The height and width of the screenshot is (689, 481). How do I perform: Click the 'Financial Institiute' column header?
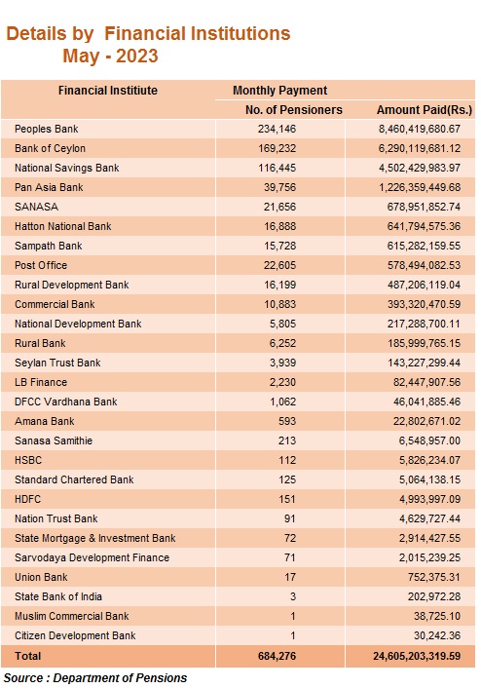pos(107,91)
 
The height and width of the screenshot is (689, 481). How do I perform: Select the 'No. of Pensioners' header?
pos(294,110)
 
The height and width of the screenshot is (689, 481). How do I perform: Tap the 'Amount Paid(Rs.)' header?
pos(424,110)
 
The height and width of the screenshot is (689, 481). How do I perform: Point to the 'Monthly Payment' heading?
pos(280,91)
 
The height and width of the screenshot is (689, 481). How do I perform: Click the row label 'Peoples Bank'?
pos(46,130)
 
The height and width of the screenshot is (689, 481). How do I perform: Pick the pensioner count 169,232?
pos(277,148)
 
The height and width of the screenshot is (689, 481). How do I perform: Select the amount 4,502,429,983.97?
pos(420,168)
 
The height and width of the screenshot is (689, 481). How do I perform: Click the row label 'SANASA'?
pos(36,207)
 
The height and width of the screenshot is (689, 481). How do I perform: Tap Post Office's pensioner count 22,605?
pos(280,265)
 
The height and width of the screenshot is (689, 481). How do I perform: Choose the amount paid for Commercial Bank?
pos(424,304)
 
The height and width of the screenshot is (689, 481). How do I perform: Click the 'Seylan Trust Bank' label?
pos(57,363)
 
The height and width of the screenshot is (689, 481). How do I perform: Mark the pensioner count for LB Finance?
pos(282,382)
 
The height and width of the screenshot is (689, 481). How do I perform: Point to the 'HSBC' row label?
pos(28,460)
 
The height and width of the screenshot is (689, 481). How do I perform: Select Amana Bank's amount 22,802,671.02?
pos(427,421)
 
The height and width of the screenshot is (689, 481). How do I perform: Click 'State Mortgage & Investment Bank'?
pos(94,538)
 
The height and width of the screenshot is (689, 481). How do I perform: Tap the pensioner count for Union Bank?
pos(290,577)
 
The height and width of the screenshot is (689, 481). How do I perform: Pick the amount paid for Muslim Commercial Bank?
pos(437,616)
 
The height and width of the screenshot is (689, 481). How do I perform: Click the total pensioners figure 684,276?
pos(277,656)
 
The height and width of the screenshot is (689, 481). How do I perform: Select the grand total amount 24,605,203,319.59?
pos(417,656)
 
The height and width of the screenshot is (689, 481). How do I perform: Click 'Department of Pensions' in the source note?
pos(120,678)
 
